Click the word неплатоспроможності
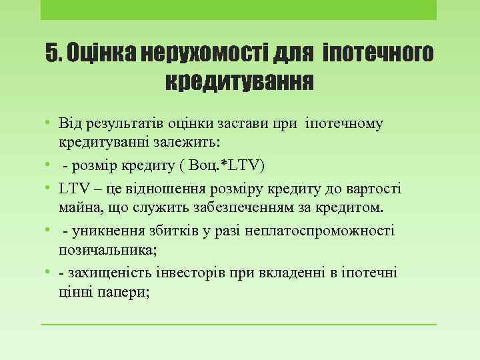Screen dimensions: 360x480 coord(319,231)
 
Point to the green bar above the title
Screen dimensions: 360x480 coord(239,10)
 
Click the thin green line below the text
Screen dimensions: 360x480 coord(239,325)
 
